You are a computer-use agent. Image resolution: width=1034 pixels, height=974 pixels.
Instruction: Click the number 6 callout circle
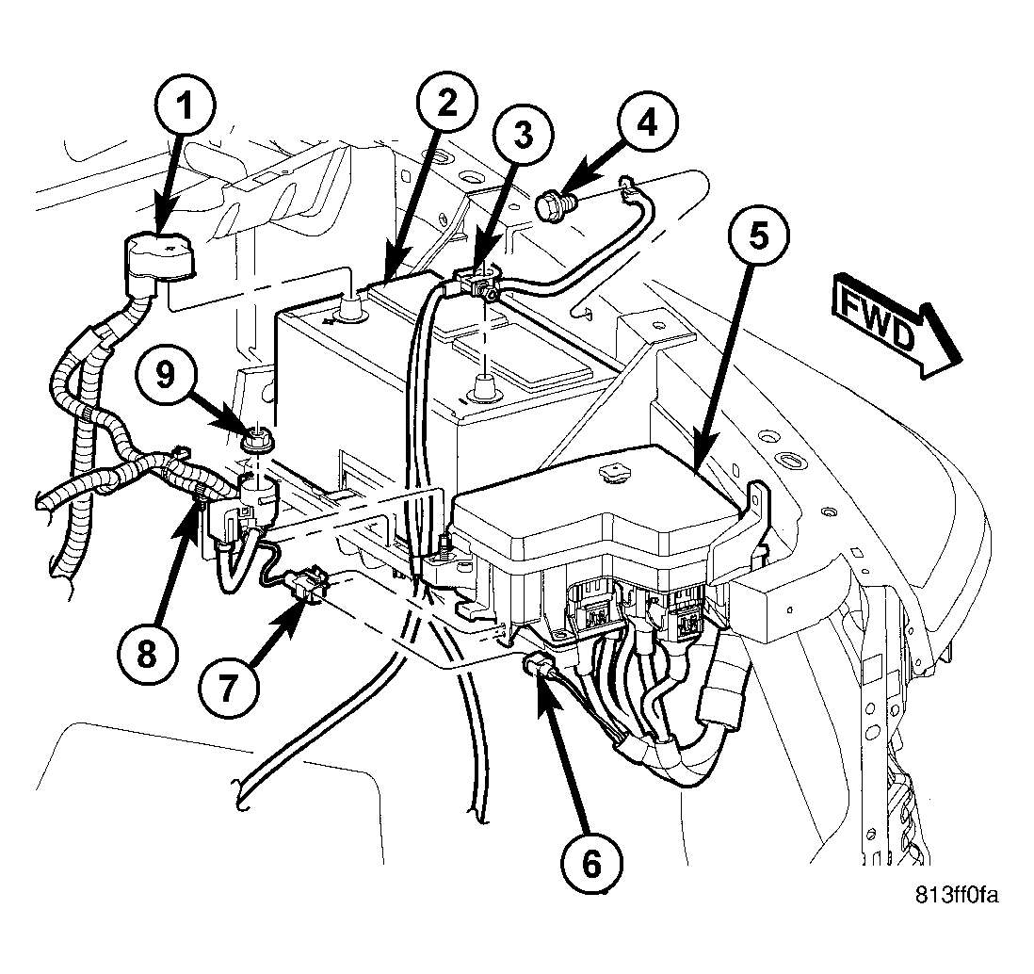[591, 862]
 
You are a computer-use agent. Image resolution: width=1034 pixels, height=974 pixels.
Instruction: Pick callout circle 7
[229, 690]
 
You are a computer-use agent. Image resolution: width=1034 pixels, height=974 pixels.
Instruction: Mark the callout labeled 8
[148, 655]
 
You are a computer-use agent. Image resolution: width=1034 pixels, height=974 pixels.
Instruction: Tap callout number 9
[166, 377]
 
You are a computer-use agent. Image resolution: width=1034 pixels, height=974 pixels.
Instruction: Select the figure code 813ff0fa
[956, 896]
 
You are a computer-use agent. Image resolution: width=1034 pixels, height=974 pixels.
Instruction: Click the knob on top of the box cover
[613, 472]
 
